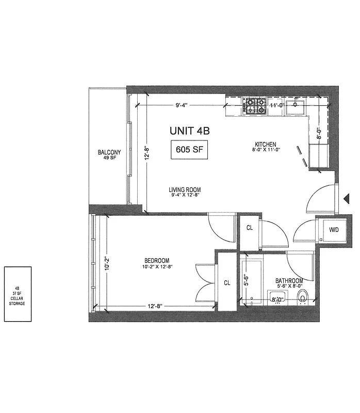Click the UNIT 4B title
pos(190,131)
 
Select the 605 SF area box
pos(189,151)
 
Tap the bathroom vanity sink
pos(277,298)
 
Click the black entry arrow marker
pos(347,197)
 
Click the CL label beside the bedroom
pos(227,282)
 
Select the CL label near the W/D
pos(249,228)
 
